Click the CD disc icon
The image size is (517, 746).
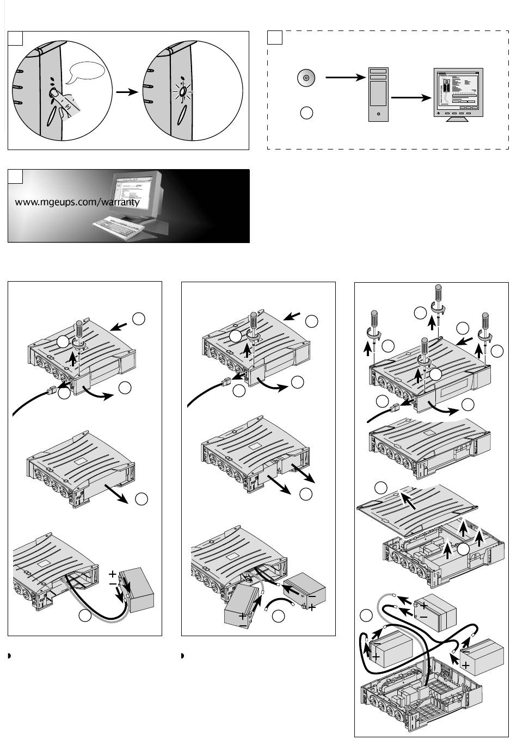click(306, 78)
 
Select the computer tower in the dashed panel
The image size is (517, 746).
click(378, 95)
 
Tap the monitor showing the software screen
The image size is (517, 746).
click(458, 93)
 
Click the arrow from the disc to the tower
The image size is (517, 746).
click(344, 78)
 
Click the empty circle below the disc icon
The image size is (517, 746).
click(306, 113)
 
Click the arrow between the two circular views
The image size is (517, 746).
click(126, 92)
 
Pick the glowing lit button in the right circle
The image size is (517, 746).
click(183, 92)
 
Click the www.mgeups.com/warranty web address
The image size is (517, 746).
click(77, 202)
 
